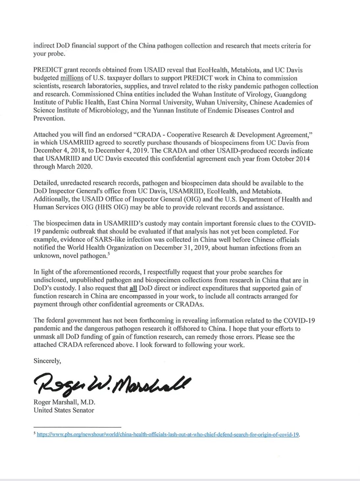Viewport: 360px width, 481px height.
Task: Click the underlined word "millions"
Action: point(72,78)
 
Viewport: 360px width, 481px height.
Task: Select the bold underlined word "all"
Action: point(133,289)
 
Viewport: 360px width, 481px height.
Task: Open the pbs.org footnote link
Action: point(168,435)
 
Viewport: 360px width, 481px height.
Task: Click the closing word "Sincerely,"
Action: point(47,361)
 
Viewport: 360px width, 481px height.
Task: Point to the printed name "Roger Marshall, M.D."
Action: point(64,402)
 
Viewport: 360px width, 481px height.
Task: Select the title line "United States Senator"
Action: point(64,410)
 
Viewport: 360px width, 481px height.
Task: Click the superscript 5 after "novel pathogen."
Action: point(109,254)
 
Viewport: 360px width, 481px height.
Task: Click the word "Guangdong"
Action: point(290,94)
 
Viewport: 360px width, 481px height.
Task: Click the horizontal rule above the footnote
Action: point(77,427)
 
